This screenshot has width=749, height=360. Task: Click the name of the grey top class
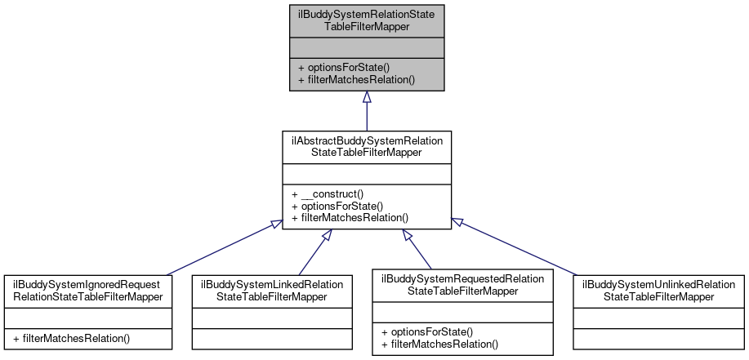click(x=367, y=20)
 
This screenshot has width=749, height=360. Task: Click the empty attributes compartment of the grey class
click(x=367, y=47)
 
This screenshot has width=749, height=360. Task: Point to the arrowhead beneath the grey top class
click(x=367, y=97)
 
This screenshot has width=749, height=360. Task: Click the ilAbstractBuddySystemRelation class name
click(x=367, y=146)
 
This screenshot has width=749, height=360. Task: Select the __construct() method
click(x=327, y=194)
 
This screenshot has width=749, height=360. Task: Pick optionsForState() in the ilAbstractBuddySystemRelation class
click(x=337, y=207)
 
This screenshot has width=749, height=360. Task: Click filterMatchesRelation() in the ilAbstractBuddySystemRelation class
click(x=350, y=218)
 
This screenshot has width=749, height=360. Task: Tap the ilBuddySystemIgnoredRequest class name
click(x=87, y=290)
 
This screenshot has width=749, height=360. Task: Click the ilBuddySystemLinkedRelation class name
click(x=272, y=290)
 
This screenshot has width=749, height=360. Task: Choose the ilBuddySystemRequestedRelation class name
click(x=461, y=284)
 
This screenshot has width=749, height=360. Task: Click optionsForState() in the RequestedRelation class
click(x=426, y=331)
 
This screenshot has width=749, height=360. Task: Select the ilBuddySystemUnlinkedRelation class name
click(x=658, y=290)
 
